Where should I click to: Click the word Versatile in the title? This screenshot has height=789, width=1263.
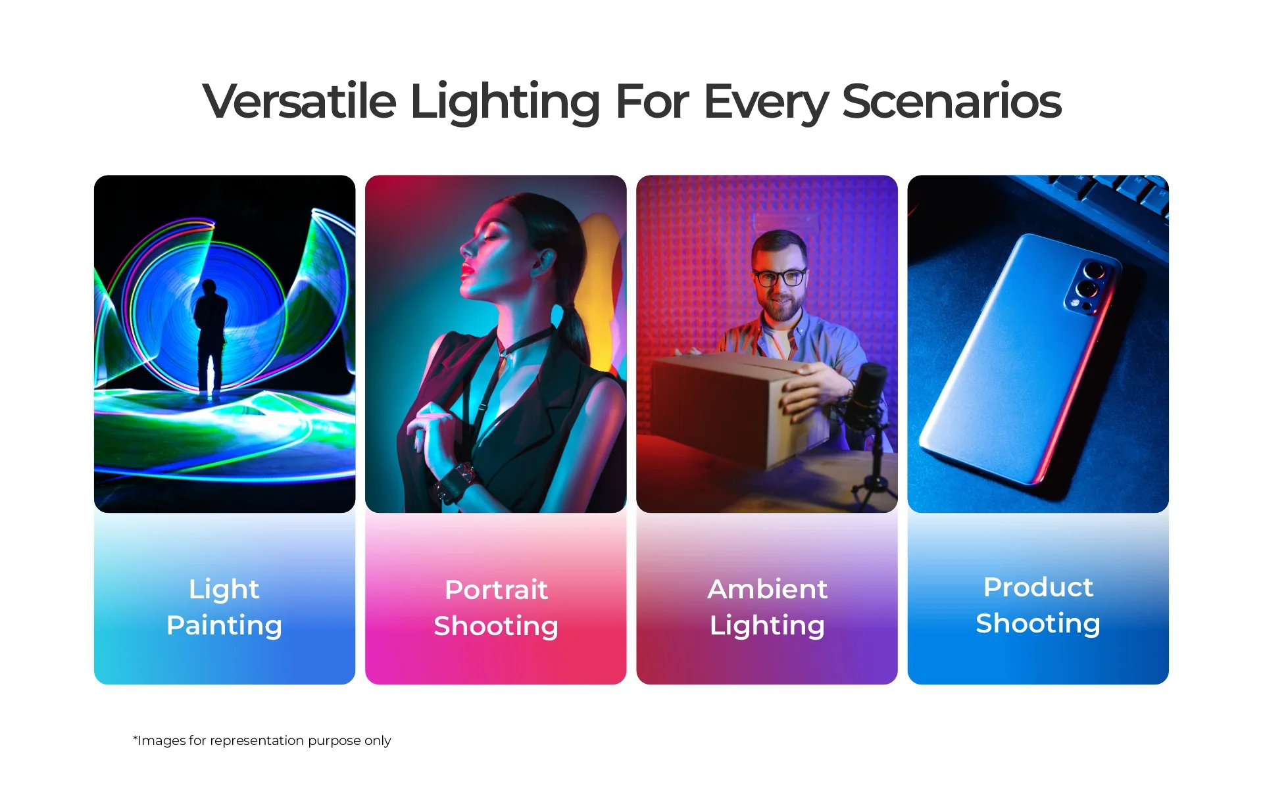point(300,101)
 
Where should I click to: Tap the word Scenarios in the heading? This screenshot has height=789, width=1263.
point(951,101)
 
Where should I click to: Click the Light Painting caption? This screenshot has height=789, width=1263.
point(224,608)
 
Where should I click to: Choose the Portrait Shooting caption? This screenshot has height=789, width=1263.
point(496,608)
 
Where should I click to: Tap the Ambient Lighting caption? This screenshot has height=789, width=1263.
point(767,608)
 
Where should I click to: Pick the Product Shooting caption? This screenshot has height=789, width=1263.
point(1038,606)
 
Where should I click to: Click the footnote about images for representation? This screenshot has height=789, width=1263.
point(262,740)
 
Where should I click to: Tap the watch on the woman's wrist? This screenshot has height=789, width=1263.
point(457,484)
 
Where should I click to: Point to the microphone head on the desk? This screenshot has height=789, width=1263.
point(867,395)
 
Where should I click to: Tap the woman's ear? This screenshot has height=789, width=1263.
point(543,260)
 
